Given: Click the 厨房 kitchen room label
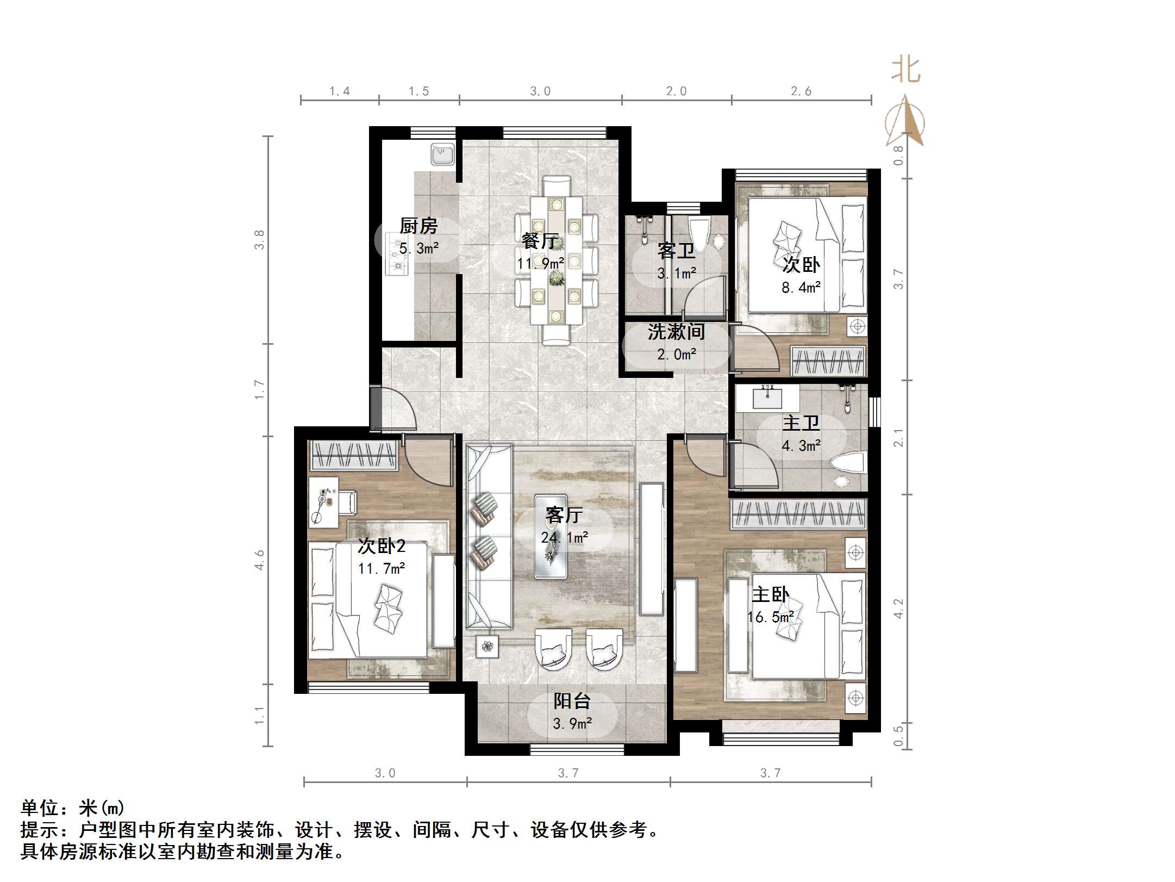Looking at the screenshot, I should coord(418,226).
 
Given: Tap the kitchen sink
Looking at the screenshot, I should coord(442,154).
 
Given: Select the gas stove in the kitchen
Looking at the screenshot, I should coord(397,253).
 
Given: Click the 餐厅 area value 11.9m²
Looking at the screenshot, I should coord(540,264).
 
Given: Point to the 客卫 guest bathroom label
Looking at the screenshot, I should coord(676,251).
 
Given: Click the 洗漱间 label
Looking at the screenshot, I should coord(676,332).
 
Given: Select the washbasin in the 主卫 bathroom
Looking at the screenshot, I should coord(767,397).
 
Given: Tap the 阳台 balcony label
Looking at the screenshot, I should coord(572,701).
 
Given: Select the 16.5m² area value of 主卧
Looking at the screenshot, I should coord(770,617).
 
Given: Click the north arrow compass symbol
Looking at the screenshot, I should coord(905,122).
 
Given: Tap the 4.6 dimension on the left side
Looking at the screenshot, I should coord(260,560).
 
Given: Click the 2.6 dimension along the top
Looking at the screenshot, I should coord(801,91).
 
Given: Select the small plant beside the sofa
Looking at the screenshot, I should coord(487,646).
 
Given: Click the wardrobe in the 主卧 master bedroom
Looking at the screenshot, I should coord(797,514).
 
